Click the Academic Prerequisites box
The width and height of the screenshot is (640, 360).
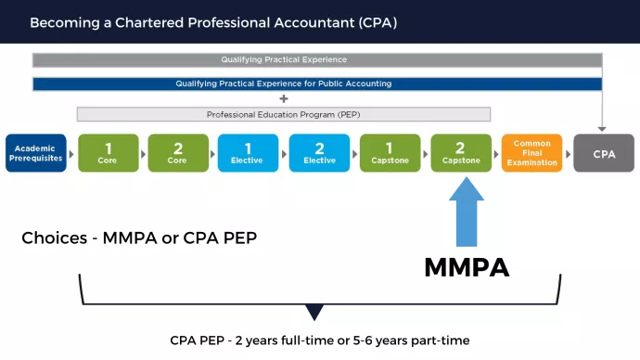click(36, 153)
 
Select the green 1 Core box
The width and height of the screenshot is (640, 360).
click(108, 153)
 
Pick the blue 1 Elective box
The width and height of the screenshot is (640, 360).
click(249, 153)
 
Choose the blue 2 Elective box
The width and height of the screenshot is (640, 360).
click(319, 153)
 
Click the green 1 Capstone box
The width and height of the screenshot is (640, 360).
click(390, 153)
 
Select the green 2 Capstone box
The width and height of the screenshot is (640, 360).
click(461, 153)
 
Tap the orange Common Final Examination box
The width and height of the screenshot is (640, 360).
click(531, 153)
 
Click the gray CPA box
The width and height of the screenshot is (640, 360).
click(603, 153)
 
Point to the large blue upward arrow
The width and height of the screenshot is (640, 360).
click(467, 212)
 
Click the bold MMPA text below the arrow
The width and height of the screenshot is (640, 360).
click(467, 267)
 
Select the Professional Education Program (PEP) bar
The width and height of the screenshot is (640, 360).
click(284, 114)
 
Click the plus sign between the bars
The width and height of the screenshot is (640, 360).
click(284, 98)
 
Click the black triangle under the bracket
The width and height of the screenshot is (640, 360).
click(315, 313)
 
